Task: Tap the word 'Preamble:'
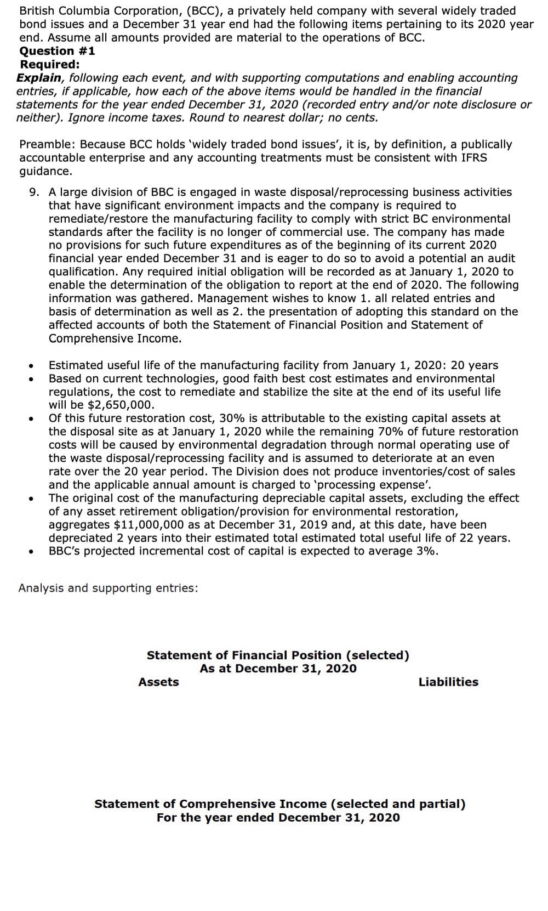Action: coord(47,144)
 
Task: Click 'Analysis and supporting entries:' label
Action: coord(108,588)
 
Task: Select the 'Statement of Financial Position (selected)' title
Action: coord(278,655)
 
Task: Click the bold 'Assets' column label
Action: coord(158,682)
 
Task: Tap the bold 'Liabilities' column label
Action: coord(448,682)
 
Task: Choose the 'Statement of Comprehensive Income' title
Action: coord(279,804)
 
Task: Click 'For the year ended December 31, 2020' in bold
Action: coord(278,817)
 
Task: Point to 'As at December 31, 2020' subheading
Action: coord(278,668)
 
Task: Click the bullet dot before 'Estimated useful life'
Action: coord(33,366)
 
